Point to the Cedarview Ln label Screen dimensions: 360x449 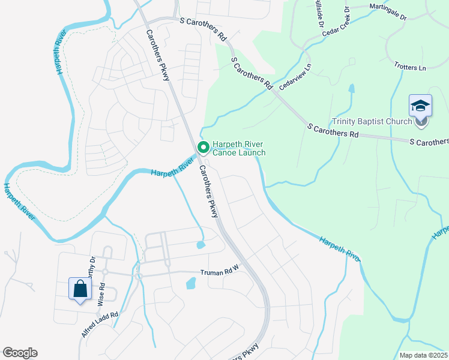pos(302,79)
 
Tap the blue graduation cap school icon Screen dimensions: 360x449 pos(421,106)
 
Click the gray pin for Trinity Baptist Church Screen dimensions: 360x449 pos(421,122)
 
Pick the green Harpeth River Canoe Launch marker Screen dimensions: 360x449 pos(203,147)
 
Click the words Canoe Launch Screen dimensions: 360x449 pos(239,152)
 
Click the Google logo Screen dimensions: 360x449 pos(20,353)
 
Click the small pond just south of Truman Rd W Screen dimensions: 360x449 pos(191,283)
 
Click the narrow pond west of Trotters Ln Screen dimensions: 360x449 pos(351,89)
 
